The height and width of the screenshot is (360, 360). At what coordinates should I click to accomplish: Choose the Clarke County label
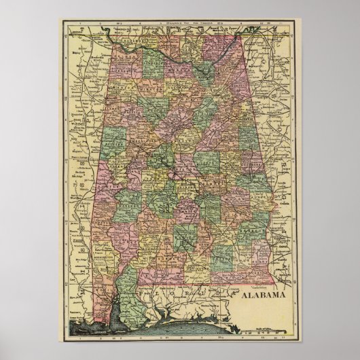coord(122,238)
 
